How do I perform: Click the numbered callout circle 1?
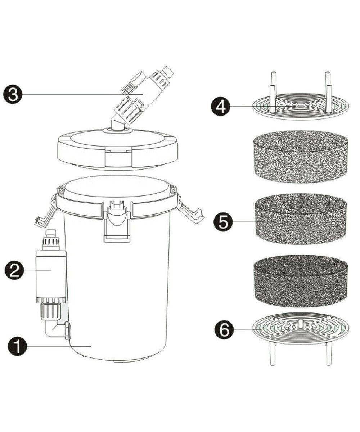(17, 346)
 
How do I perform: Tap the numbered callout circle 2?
(14, 270)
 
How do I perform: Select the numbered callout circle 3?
(12, 95)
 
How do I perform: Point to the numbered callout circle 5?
(223, 222)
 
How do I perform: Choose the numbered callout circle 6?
(224, 330)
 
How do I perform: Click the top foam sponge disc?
(300, 157)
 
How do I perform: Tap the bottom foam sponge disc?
(300, 282)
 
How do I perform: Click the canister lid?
(117, 148)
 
